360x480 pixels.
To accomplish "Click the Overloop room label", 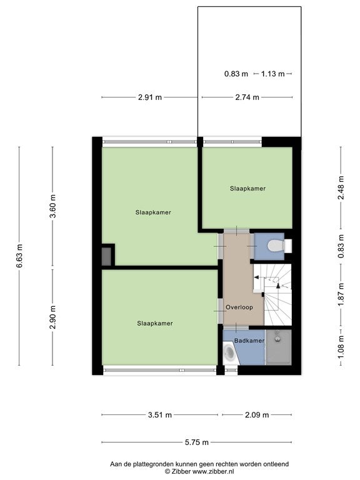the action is tap(239, 307).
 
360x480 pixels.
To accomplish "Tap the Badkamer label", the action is tap(249, 341).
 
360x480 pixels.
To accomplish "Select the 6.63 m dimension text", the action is tap(19, 256).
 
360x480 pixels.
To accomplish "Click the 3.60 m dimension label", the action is tap(52, 206).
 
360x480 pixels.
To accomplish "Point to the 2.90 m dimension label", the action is tap(52, 317).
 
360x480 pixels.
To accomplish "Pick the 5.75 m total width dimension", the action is tap(196, 442).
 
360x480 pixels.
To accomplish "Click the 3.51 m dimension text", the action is tap(160, 415).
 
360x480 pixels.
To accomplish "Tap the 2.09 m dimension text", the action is tap(257, 415).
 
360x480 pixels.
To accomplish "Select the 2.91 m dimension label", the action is tap(150, 97).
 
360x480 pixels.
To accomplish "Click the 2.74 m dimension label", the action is tap(247, 97).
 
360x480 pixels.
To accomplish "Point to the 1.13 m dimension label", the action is tap(272, 74).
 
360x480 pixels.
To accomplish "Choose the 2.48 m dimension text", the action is tap(341, 187).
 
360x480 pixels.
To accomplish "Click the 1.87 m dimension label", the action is tap(341, 294).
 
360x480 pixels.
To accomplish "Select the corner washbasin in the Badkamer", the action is tap(230, 353).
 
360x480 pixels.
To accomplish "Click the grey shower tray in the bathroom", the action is tap(278, 347).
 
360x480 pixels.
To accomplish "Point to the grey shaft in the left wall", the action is tap(106, 256).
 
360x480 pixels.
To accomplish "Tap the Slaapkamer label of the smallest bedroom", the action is tap(247, 189).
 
